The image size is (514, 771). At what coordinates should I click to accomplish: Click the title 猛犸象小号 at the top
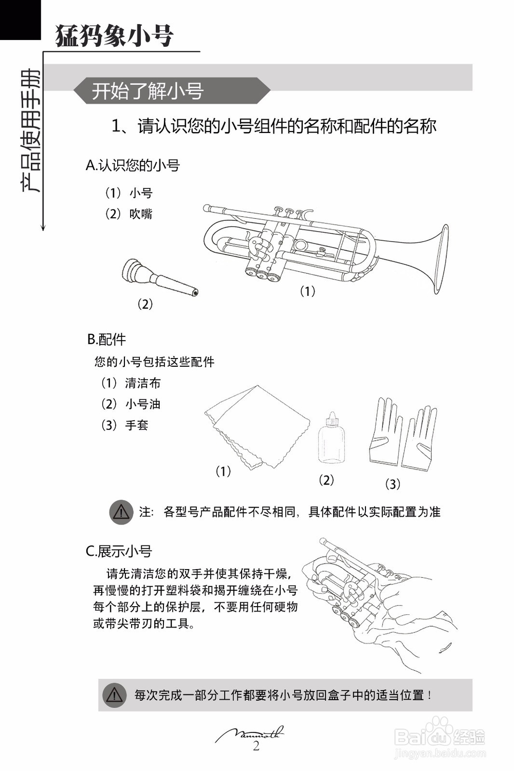[x=114, y=35]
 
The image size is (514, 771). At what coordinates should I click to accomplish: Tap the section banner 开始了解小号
[x=148, y=91]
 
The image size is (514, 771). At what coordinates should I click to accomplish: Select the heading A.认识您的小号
[x=133, y=165]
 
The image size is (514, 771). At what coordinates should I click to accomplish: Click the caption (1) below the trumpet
[x=307, y=291]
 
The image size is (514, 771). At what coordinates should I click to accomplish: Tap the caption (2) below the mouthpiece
[x=145, y=304]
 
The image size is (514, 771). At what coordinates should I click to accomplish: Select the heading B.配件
[x=106, y=340]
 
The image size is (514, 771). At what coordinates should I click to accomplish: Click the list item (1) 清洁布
[x=131, y=383]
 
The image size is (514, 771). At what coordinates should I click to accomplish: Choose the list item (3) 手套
[x=124, y=425]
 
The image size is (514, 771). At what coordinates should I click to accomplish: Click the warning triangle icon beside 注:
[x=121, y=512]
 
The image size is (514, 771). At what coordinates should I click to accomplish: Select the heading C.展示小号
[x=119, y=551]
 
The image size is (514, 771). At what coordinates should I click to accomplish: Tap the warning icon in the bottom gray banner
[x=114, y=695]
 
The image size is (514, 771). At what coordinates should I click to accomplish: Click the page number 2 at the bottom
[x=256, y=746]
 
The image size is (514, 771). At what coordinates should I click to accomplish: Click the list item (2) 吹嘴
[x=129, y=214]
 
